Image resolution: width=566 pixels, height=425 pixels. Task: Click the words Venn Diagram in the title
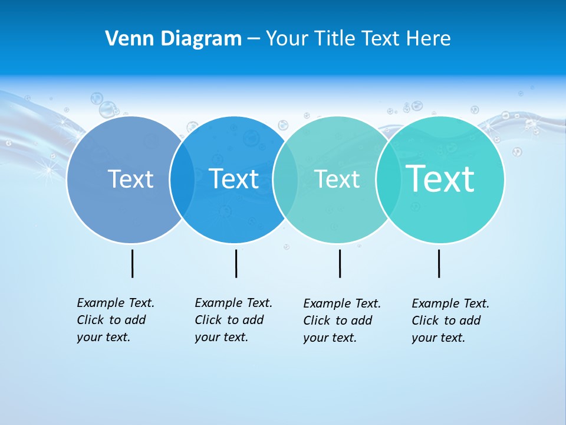(173, 39)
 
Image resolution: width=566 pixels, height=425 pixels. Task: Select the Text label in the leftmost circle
(130, 179)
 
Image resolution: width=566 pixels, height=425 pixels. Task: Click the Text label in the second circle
(234, 179)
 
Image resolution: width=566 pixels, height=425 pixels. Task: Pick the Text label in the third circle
(337, 179)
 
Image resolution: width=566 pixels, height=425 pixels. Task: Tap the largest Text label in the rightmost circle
(440, 179)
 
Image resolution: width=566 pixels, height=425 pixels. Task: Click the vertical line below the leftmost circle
(132, 263)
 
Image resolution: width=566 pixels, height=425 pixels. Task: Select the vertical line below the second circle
(236, 263)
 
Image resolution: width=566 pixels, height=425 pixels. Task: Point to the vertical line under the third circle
(340, 263)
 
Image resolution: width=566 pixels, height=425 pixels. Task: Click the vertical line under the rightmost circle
(439, 263)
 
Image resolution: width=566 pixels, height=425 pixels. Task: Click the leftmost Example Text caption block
(116, 320)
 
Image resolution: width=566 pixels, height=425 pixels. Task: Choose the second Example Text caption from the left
(233, 320)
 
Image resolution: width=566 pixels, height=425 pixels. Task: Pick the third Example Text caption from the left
(342, 321)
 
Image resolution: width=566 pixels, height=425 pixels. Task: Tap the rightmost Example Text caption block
(450, 321)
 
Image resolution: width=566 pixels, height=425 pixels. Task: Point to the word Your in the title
(287, 39)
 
